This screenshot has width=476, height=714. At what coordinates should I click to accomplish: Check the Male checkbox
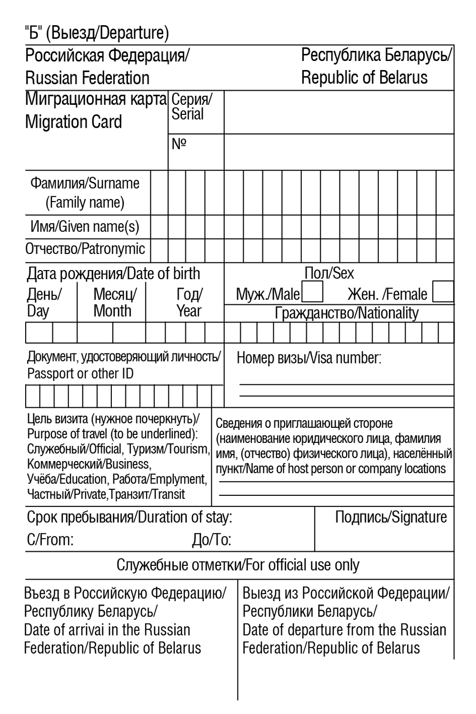[x=312, y=292]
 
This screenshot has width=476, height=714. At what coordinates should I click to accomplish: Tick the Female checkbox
[x=443, y=292]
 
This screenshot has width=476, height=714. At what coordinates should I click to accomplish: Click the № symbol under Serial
[x=179, y=144]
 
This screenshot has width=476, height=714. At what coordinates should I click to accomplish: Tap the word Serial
[x=188, y=114]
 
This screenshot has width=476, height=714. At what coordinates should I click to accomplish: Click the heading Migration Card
[x=74, y=122]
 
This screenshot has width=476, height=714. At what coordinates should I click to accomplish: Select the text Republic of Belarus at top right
[x=364, y=78]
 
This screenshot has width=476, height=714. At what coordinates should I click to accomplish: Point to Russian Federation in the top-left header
[x=87, y=78]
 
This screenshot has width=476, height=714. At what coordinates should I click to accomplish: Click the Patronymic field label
[x=113, y=249]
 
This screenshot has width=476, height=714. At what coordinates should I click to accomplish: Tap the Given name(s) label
[x=99, y=227]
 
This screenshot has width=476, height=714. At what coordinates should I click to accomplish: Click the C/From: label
[x=50, y=540]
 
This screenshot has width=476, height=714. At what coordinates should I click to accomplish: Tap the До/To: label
[x=211, y=540]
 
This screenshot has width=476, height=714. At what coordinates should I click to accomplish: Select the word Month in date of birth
[x=112, y=311]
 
